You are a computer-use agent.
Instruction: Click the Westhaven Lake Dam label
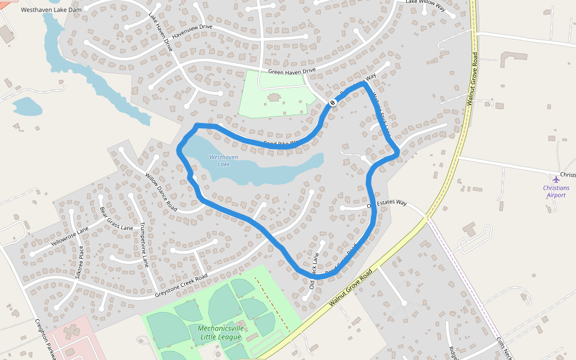(51, 10)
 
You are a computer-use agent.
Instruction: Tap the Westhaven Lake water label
(220, 161)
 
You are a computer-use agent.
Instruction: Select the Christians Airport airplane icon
(556, 179)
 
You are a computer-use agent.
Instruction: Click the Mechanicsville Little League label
(220, 332)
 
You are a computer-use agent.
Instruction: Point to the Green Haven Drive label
(292, 71)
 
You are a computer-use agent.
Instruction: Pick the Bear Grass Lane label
(116, 219)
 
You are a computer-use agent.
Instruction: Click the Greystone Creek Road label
(181, 285)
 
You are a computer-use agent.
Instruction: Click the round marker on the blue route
(332, 103)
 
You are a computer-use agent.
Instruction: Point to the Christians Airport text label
(556, 191)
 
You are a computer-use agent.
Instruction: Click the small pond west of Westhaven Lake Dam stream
(27, 107)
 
